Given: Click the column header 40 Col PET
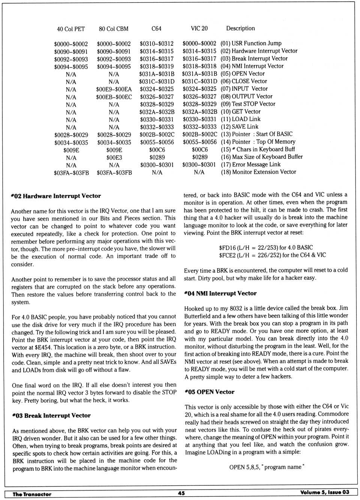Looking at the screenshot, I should point(71,29).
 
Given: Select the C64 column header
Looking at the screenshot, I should point(156,29).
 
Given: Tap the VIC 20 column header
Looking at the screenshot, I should point(199,28).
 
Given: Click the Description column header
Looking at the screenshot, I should point(240,28).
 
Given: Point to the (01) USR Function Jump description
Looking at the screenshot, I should point(251,43).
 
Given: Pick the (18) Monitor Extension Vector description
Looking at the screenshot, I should point(258,172).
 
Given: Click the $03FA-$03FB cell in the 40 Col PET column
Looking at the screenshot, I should point(71,173).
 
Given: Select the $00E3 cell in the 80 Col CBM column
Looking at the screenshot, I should point(114,158).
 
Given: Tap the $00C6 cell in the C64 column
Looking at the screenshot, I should point(157,150).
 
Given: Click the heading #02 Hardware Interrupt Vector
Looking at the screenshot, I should point(56,196).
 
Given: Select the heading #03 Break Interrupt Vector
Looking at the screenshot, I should point(51,416).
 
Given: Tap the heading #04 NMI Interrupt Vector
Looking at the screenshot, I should point(220,293).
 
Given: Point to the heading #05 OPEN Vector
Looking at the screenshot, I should point(209,392).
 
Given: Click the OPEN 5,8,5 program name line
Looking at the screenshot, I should point(267,467).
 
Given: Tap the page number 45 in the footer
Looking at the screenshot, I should point(181,493).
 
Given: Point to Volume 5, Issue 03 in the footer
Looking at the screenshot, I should point(324,492).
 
